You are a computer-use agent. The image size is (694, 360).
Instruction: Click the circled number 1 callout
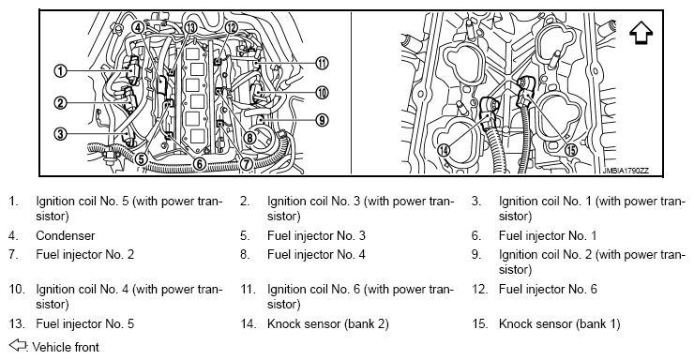[60, 70]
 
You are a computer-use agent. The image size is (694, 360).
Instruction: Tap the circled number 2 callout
[60, 103]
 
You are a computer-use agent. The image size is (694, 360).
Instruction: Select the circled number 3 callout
[60, 133]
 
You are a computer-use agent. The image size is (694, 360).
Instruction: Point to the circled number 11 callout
[323, 64]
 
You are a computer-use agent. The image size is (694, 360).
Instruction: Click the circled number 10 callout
[323, 93]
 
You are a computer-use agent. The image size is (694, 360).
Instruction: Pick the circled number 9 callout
[323, 120]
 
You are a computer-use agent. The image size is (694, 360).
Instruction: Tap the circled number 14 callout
[444, 150]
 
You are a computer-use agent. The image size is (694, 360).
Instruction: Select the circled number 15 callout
[572, 150]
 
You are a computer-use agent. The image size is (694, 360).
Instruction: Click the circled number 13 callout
[190, 27]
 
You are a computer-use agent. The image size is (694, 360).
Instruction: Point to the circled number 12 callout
[232, 27]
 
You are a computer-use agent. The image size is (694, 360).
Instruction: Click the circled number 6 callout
[200, 164]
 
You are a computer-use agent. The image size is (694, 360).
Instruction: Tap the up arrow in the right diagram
[641, 33]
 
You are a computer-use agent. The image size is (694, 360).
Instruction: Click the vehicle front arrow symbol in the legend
[17, 345]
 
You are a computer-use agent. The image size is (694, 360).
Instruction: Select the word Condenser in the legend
[66, 235]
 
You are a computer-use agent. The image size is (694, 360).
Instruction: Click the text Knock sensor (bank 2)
[328, 324]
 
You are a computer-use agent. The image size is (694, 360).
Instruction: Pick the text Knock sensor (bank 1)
[560, 324]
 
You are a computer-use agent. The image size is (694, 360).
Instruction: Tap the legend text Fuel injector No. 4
[316, 255]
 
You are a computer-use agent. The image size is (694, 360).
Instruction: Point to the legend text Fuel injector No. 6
[548, 290]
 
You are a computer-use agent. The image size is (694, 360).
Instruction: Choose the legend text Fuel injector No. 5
[85, 324]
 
